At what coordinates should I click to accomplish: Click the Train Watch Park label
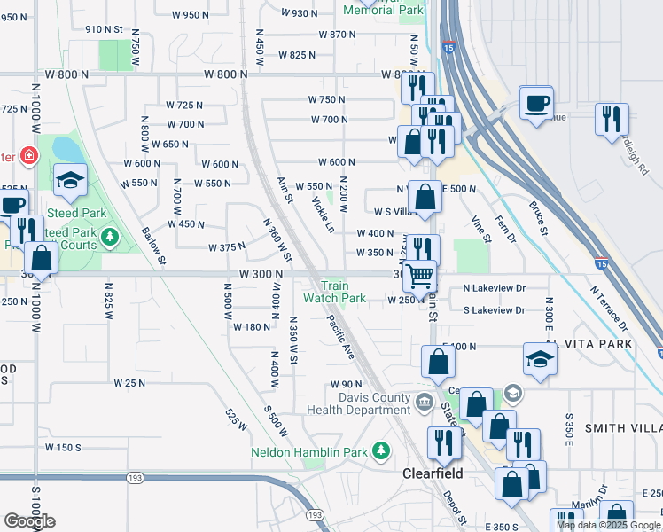(x=334, y=292)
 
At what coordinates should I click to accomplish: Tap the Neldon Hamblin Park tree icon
(x=382, y=451)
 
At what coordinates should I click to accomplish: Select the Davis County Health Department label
(x=359, y=403)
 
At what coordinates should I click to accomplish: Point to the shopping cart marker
(x=419, y=276)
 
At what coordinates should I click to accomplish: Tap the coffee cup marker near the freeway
(x=534, y=103)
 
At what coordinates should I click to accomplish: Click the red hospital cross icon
(x=29, y=155)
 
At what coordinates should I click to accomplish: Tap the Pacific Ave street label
(x=340, y=337)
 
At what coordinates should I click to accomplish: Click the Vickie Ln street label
(x=323, y=215)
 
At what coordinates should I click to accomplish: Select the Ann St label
(x=285, y=189)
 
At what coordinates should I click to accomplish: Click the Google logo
(x=29, y=521)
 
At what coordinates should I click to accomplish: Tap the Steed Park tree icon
(x=109, y=236)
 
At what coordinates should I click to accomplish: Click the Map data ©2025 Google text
(x=608, y=525)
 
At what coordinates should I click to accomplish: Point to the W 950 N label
(x=190, y=14)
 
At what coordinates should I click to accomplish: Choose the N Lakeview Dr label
(x=494, y=288)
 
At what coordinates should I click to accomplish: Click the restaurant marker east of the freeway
(x=612, y=119)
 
